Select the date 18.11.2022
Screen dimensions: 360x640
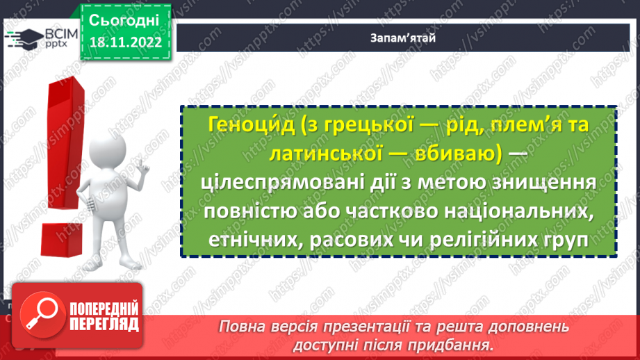click(125, 42)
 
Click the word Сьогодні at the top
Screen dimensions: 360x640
click(124, 19)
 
